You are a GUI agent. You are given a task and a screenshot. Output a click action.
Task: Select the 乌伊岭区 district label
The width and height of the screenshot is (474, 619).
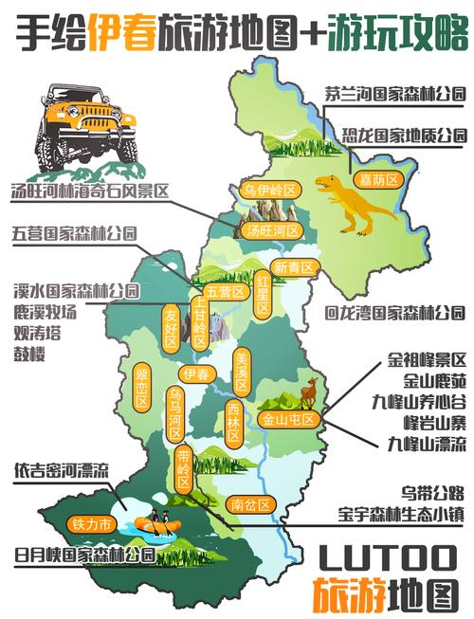click(271, 191)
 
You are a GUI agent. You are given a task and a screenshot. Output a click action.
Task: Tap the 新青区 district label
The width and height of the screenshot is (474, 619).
click(291, 268)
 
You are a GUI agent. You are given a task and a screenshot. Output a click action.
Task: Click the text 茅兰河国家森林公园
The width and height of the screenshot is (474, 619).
click(394, 94)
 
